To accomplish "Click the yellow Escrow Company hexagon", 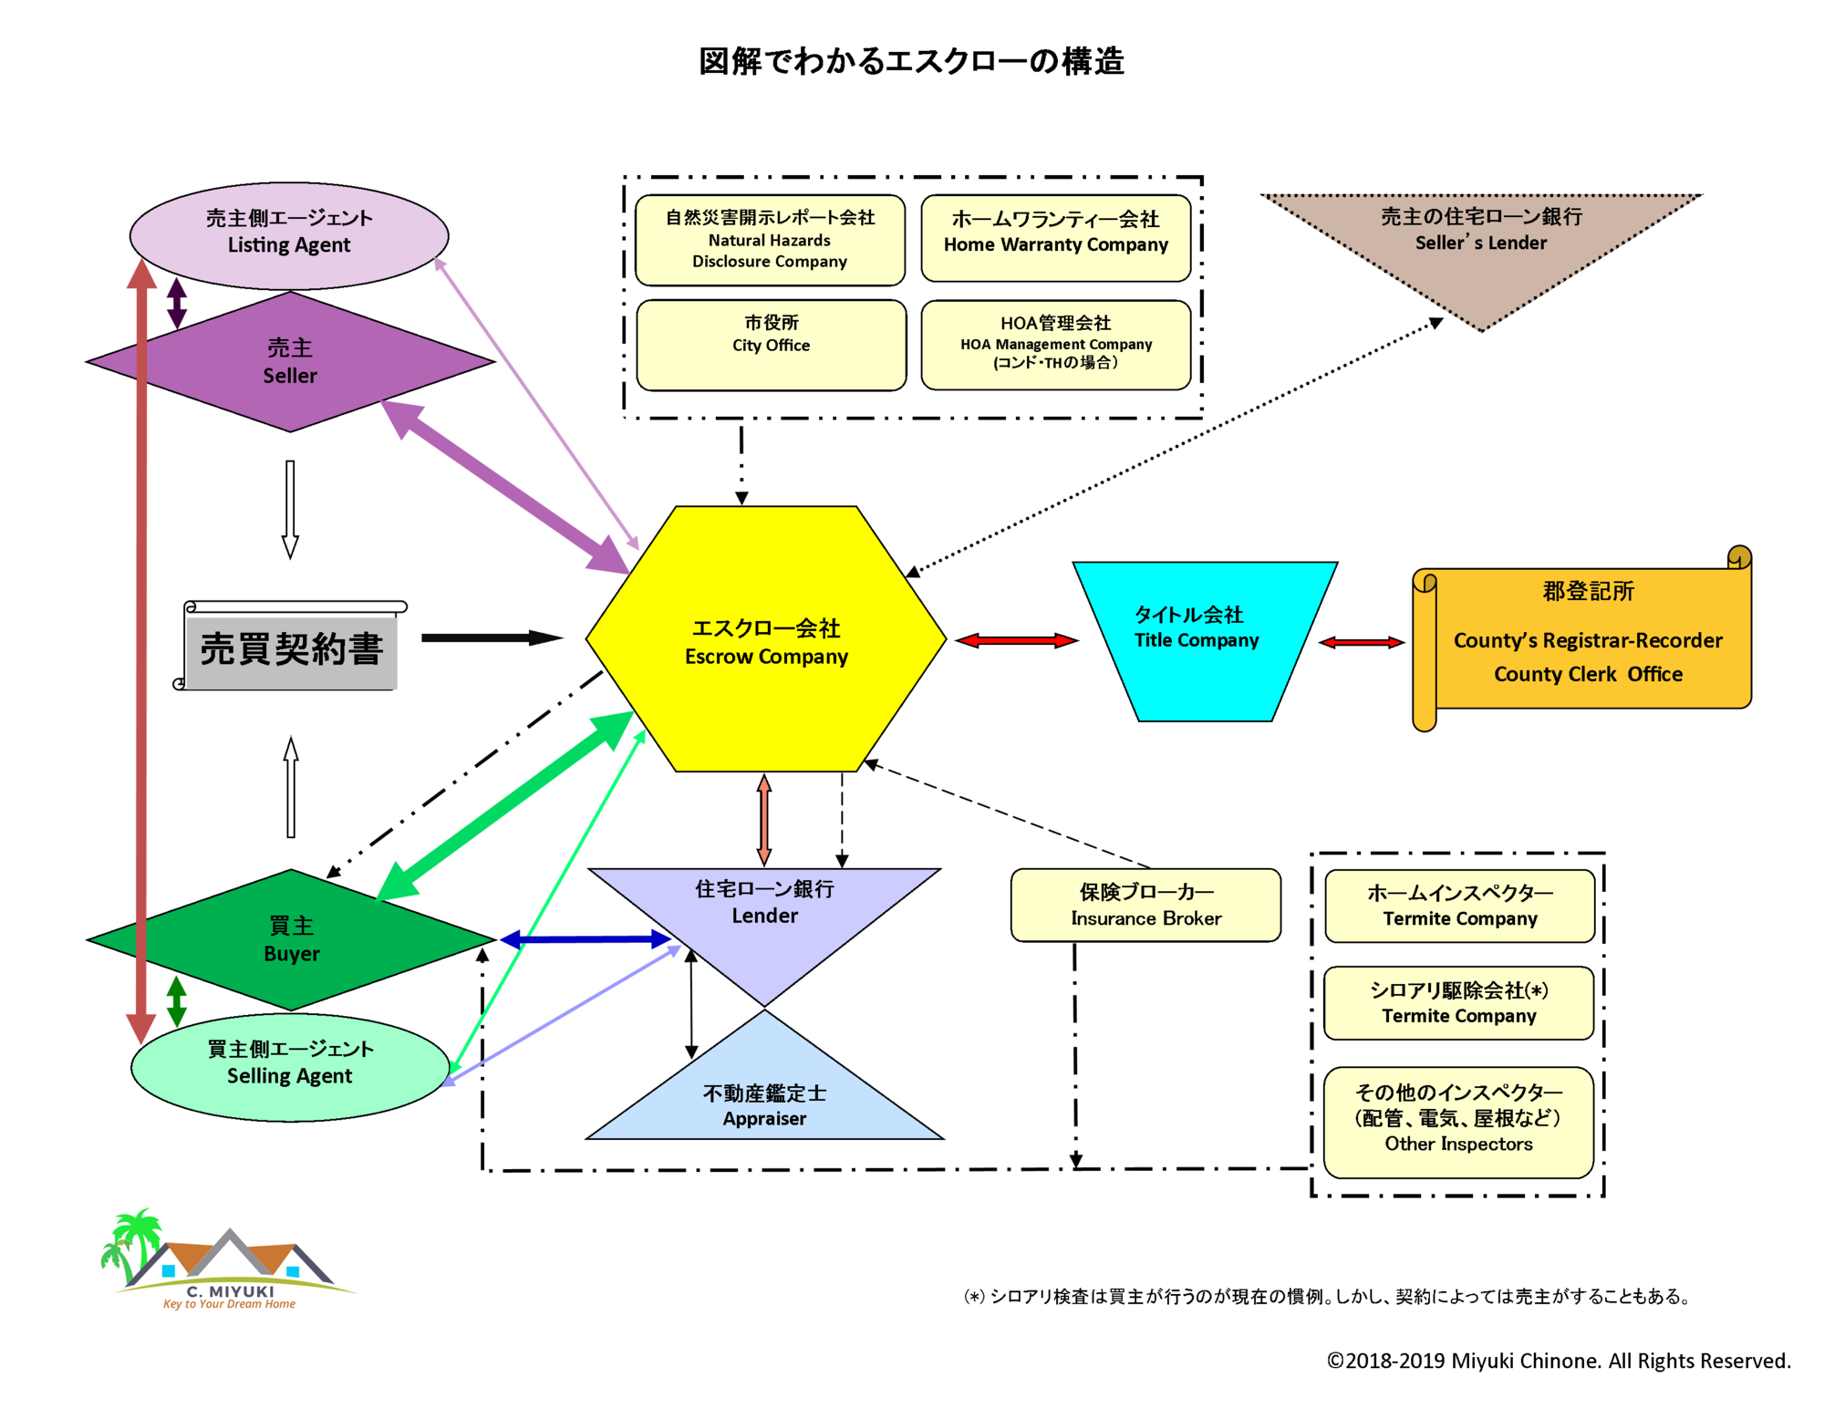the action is point(766,638).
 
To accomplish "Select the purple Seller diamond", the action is point(290,361).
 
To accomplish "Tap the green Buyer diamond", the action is point(291,939).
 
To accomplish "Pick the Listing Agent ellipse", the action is point(289,235).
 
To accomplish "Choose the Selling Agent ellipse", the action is point(290,1067).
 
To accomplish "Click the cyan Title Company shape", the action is point(1204,641).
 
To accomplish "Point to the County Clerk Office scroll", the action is point(1581,638).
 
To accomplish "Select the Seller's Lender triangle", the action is point(1481,246).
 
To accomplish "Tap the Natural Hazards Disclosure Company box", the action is point(770,240).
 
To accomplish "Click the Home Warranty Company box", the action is point(1056,238).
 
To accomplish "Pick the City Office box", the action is point(772,345).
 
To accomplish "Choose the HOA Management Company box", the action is point(1056,345).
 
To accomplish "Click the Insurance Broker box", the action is point(1145,905).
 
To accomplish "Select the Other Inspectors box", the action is point(1458,1122).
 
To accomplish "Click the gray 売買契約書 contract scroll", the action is point(290,646).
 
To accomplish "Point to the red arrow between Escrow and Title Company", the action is point(1016,640).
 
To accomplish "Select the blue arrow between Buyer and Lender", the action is point(585,938).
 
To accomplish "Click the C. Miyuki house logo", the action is point(227,1259).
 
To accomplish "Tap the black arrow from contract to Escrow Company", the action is point(492,637).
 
